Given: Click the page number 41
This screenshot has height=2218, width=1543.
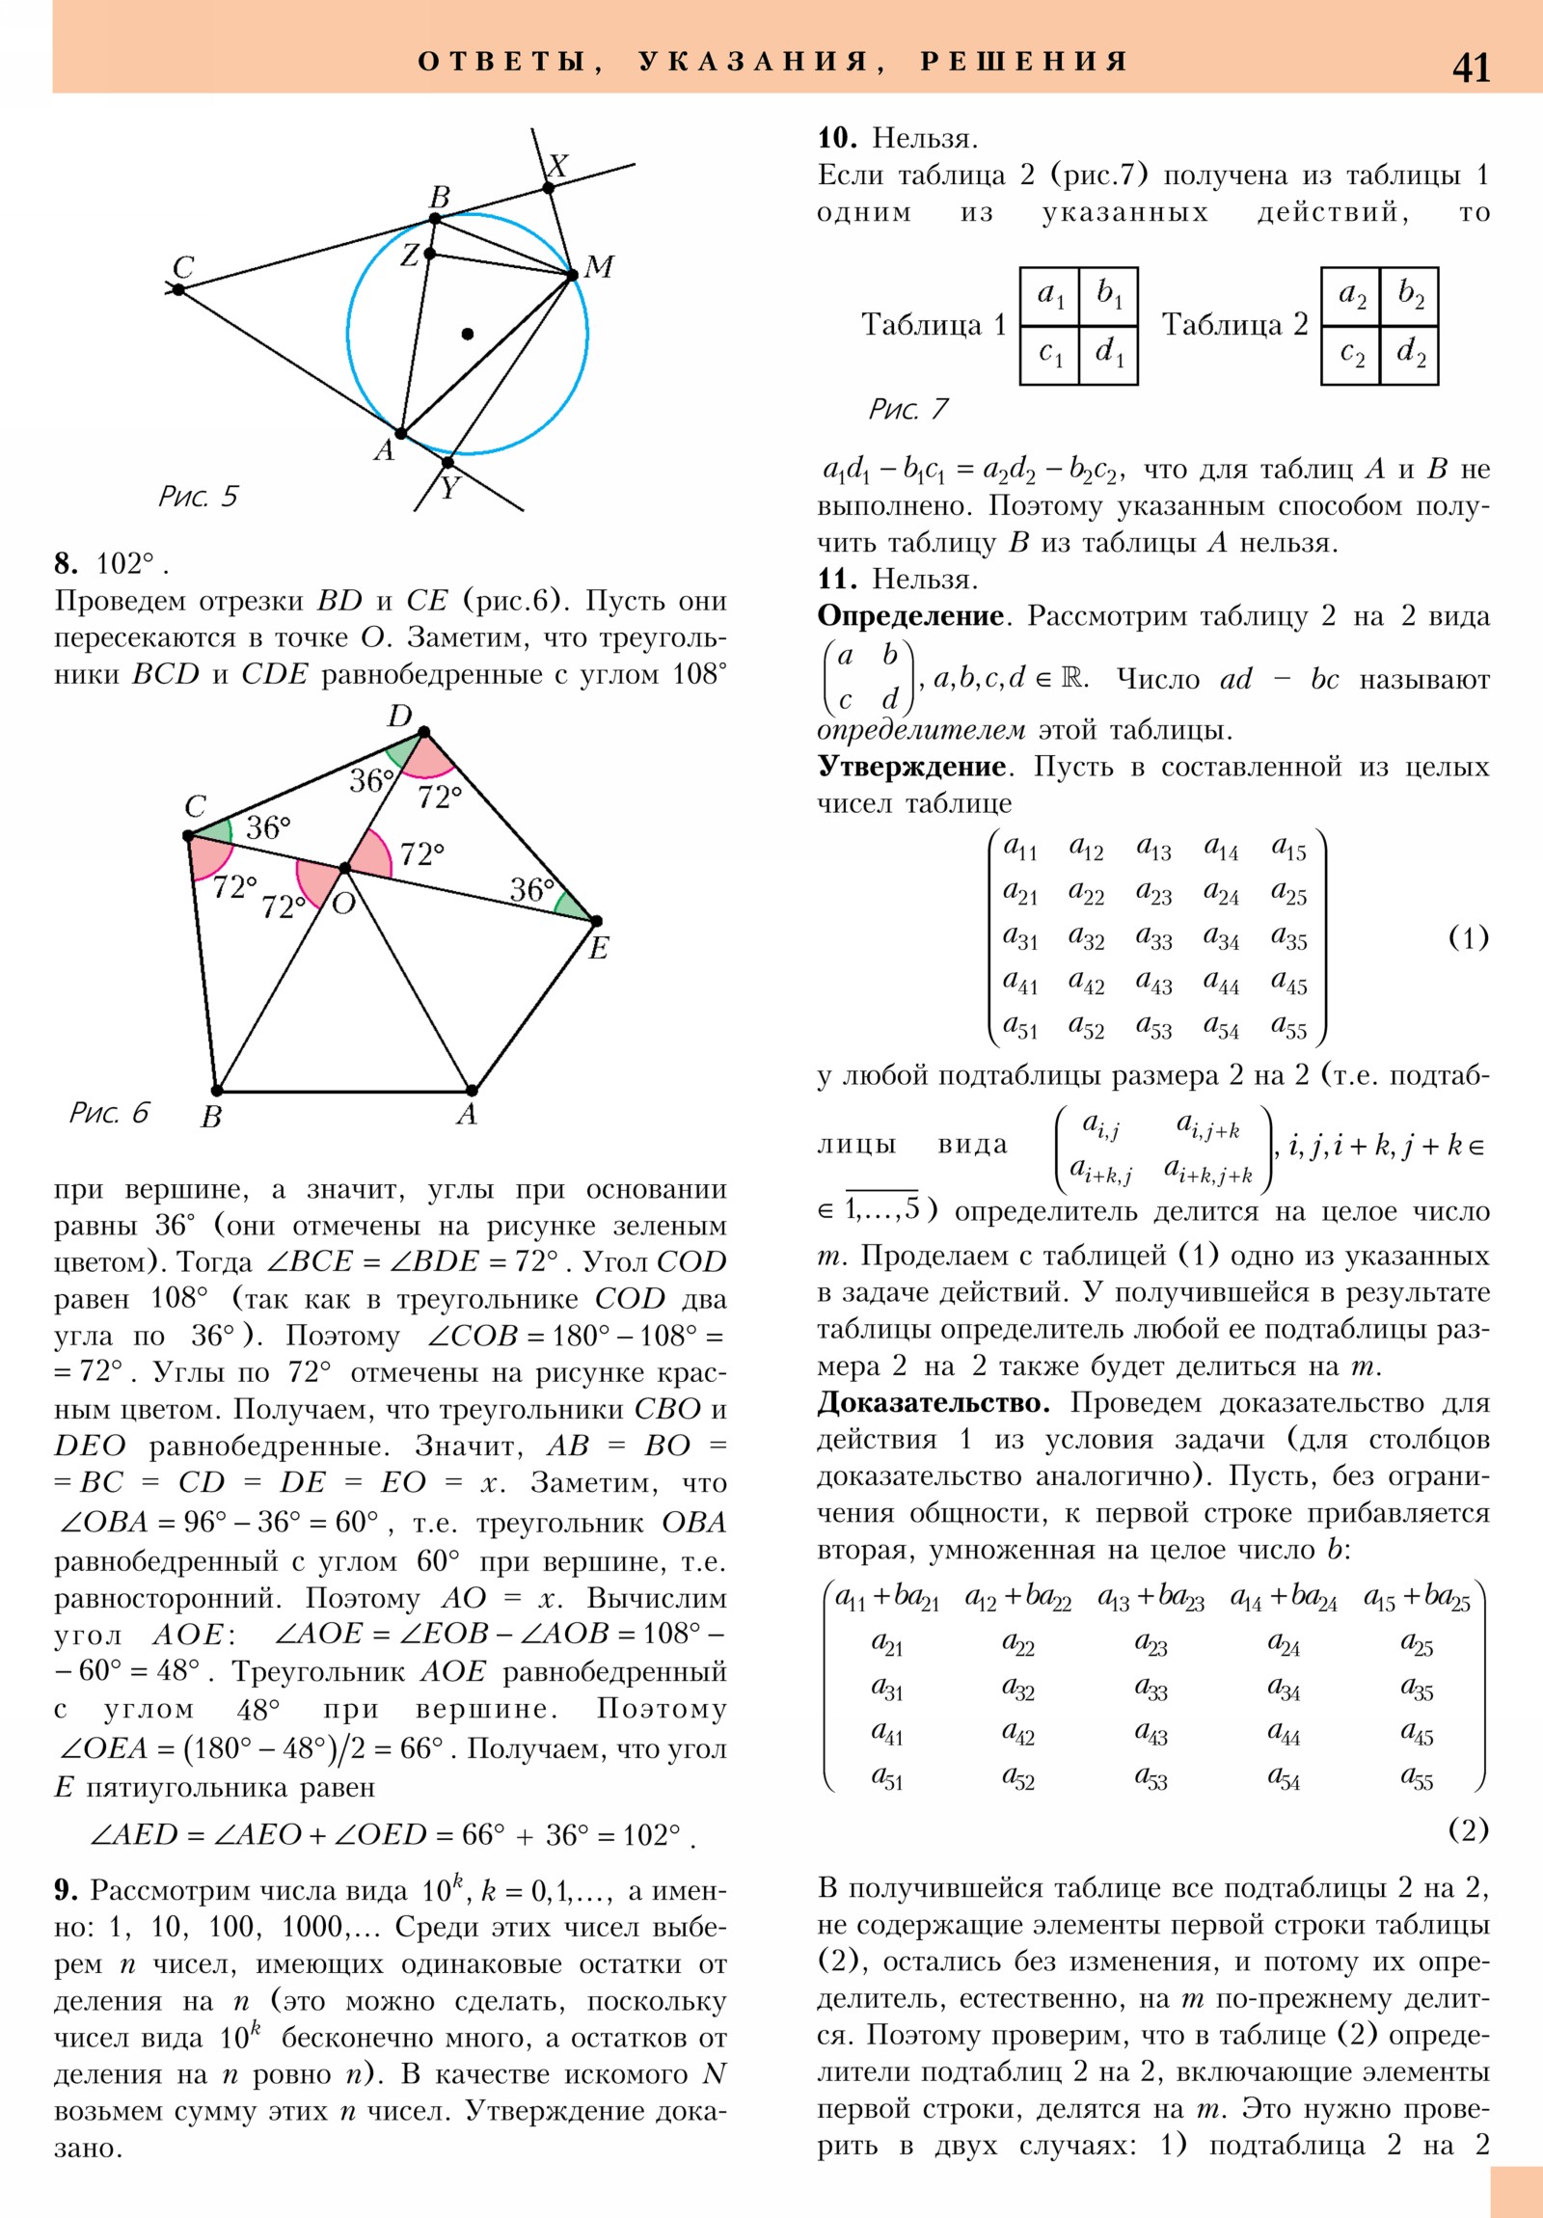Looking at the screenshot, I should coord(1471,68).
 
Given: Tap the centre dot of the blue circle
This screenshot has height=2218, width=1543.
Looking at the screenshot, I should coord(468,335).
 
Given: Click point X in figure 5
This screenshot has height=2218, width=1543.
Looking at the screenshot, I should coord(549,187).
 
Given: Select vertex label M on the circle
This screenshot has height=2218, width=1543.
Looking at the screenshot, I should coord(599,266).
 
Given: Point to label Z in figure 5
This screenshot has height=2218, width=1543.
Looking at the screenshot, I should coord(411,256).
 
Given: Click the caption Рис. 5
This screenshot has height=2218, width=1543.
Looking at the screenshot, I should coord(198,497).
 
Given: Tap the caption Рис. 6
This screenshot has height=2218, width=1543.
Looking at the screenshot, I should coord(109,1113).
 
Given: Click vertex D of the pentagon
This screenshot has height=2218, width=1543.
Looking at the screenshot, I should coord(423,732).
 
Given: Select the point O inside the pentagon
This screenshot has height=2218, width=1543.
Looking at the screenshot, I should coord(344,869).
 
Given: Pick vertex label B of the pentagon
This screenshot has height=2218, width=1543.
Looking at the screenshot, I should coord(211,1118).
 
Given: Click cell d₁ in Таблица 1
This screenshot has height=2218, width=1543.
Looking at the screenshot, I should coord(1108,354).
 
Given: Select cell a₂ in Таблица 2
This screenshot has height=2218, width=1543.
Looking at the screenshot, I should coord(1352,295).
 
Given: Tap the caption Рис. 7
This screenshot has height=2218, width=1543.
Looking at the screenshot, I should coord(908,410).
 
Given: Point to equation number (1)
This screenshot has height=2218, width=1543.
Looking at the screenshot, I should coord(1469,938).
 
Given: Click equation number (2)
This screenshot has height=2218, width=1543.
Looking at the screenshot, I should coord(1469,1829).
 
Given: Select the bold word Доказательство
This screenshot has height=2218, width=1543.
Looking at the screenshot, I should coord(934,1403).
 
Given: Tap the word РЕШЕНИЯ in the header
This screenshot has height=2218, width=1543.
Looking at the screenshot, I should coord(1024,63).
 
